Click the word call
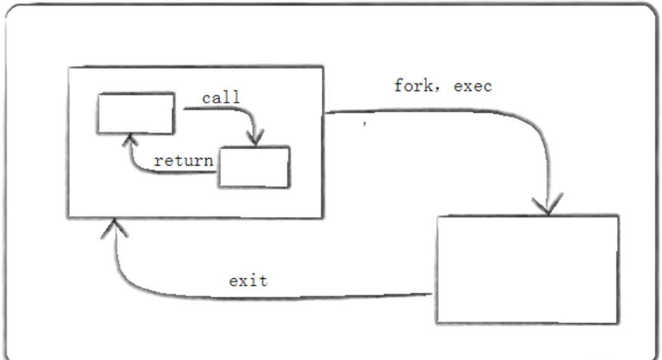click(221, 98)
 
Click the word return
click(183, 161)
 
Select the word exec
click(472, 86)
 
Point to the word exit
click(248, 280)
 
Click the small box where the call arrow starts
click(135, 113)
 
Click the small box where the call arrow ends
click(254, 167)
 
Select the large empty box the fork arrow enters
click(527, 269)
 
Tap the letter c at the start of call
click(207, 99)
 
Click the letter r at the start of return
click(158, 161)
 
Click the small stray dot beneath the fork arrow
click(364, 123)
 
